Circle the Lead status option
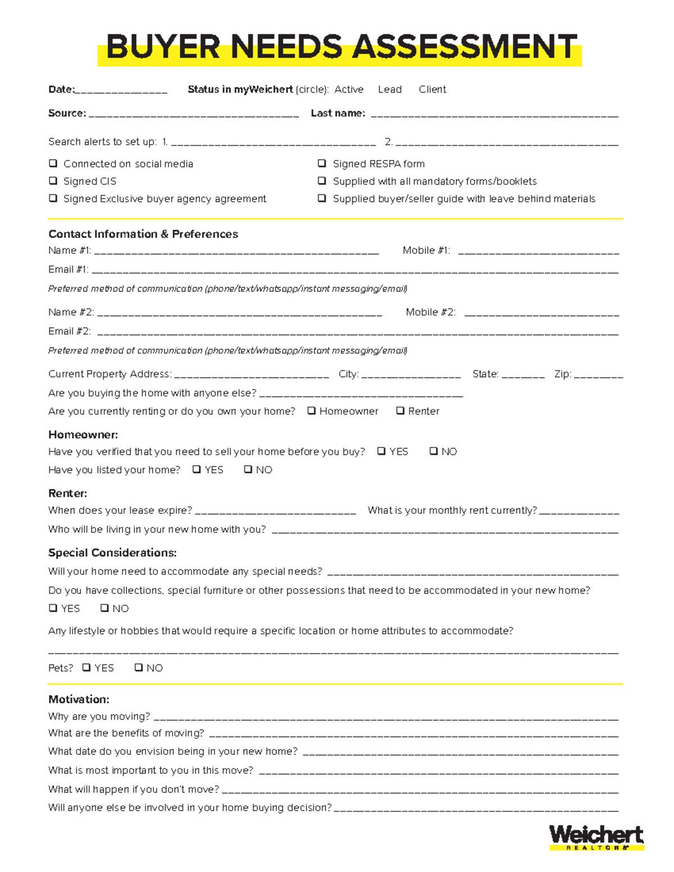[390, 89]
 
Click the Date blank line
[121, 91]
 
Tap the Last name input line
[494, 115]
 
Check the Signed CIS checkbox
[53, 181]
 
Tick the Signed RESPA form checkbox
[322, 163]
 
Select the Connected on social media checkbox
[53, 163]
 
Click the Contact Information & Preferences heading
[143, 234]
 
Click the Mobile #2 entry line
[541, 313]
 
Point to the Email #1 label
[68, 270]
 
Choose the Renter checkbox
[400, 411]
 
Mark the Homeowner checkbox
[312, 411]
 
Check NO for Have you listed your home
[248, 469]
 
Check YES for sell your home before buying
[381, 451]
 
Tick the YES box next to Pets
[86, 668]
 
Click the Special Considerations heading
[112, 553]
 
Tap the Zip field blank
[598, 376]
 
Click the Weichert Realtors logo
[596, 837]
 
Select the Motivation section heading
[79, 700]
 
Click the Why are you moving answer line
[385, 718]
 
